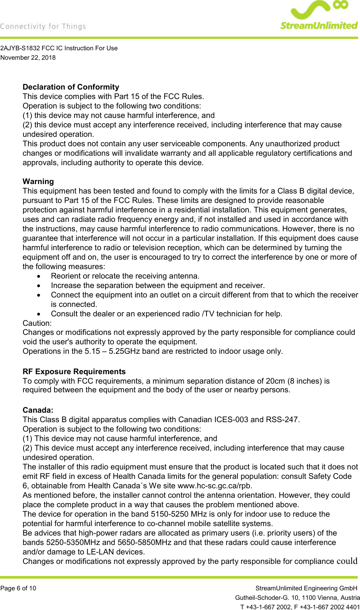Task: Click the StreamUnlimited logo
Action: tap(319, 15)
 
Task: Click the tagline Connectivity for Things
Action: tap(43, 26)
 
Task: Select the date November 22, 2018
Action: tap(28, 57)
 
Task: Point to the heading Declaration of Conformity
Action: tap(71, 87)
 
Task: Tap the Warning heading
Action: tap(38, 181)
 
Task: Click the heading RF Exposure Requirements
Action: tap(74, 372)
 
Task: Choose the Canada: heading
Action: tap(38, 410)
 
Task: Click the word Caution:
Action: tap(37, 323)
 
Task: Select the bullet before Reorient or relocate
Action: tap(39, 276)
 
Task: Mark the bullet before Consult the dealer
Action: tap(39, 314)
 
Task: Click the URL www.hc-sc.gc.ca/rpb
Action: tap(214, 486)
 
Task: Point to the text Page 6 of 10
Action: tap(18, 588)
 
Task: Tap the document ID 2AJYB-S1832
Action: tap(20, 48)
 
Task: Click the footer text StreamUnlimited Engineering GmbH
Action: tap(306, 588)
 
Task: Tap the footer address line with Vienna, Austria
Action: tap(297, 598)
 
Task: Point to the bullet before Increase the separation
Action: tap(39, 286)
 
